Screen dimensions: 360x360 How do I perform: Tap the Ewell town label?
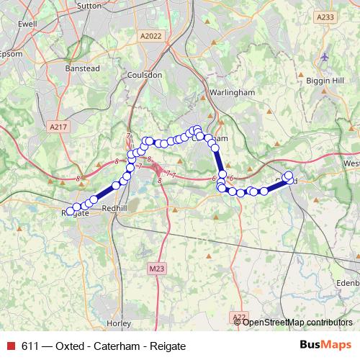pyautogui.click(x=27, y=24)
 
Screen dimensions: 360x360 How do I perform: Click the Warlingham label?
pyautogui.click(x=232, y=93)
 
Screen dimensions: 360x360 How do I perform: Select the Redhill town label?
pyautogui.click(x=114, y=207)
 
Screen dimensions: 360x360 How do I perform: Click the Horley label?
pyautogui.click(x=118, y=323)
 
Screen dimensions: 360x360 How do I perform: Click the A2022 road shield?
pyautogui.click(x=152, y=35)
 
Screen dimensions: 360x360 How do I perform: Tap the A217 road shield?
pyautogui.click(x=59, y=127)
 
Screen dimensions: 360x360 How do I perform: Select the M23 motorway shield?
pyautogui.click(x=158, y=269)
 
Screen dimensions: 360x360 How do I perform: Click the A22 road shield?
pyautogui.click(x=240, y=317)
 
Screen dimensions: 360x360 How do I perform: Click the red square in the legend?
pyautogui.click(x=11, y=346)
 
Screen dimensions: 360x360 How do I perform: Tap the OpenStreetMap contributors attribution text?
pyautogui.click(x=298, y=322)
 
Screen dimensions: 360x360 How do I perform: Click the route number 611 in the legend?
pyautogui.click(x=30, y=346)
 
